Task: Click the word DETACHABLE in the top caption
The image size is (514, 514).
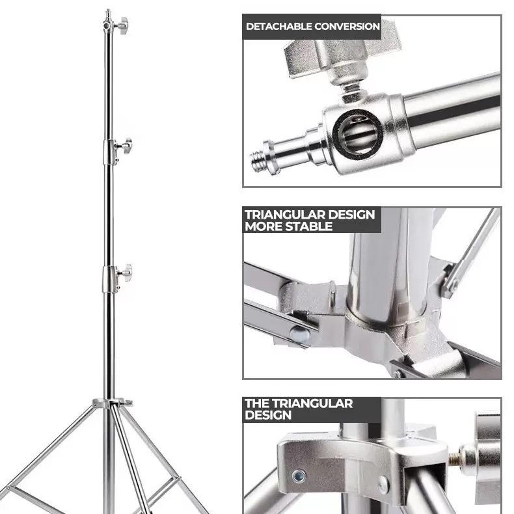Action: [279, 26]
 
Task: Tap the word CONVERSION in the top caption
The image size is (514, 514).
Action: [347, 26]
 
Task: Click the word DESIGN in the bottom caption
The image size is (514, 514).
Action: [268, 415]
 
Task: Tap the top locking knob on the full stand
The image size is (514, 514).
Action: [123, 25]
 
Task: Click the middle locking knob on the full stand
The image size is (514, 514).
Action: [124, 145]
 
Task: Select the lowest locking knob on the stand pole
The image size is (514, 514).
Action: [125, 273]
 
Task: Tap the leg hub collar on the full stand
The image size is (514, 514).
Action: [112, 403]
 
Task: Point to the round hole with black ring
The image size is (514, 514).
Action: [357, 133]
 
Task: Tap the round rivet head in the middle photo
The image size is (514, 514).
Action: [301, 334]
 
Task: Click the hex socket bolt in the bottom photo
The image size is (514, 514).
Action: [299, 476]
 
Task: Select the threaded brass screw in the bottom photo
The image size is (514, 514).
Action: [455, 459]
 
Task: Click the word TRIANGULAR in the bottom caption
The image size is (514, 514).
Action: [312, 403]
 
